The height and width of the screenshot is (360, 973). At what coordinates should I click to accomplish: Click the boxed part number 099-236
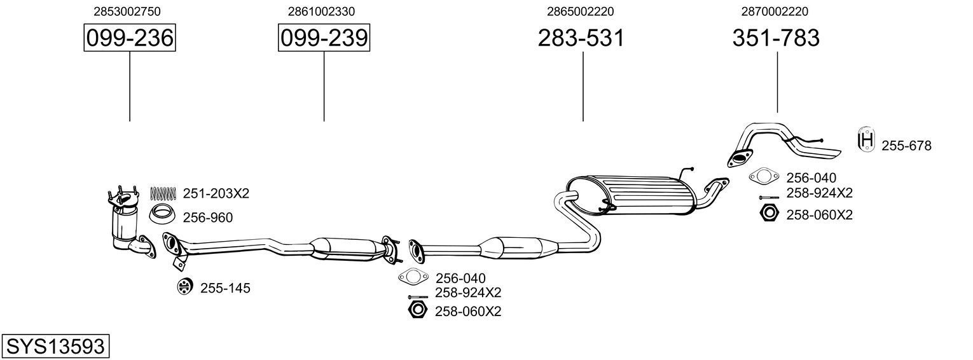pyautogui.click(x=130, y=38)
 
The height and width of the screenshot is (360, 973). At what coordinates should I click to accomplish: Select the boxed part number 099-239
pyautogui.click(x=324, y=38)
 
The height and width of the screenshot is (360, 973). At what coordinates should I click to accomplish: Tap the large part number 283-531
pyautogui.click(x=581, y=38)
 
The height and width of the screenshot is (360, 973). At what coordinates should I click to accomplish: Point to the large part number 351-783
pyautogui.click(x=776, y=38)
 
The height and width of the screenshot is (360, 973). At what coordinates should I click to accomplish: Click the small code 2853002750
pyautogui.click(x=127, y=11)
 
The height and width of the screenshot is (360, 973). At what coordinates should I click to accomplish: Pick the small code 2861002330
pyautogui.click(x=321, y=11)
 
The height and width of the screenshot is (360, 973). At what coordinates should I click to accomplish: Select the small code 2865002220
pyautogui.click(x=580, y=11)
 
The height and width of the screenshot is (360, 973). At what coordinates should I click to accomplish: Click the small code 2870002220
pyautogui.click(x=775, y=11)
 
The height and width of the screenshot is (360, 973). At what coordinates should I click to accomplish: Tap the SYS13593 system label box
pyautogui.click(x=55, y=347)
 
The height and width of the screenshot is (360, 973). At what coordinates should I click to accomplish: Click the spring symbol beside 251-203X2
pyautogui.click(x=163, y=193)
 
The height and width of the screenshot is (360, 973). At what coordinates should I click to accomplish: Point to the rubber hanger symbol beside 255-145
pyautogui.click(x=184, y=287)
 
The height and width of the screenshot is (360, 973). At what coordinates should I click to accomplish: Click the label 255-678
pyautogui.click(x=906, y=146)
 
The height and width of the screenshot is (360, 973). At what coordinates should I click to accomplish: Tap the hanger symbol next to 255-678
pyautogui.click(x=866, y=140)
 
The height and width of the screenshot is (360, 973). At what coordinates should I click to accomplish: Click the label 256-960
pyautogui.click(x=207, y=218)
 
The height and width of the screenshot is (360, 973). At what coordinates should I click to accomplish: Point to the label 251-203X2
pyautogui.click(x=216, y=193)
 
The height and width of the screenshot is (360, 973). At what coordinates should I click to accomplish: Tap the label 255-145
pyautogui.click(x=225, y=288)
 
